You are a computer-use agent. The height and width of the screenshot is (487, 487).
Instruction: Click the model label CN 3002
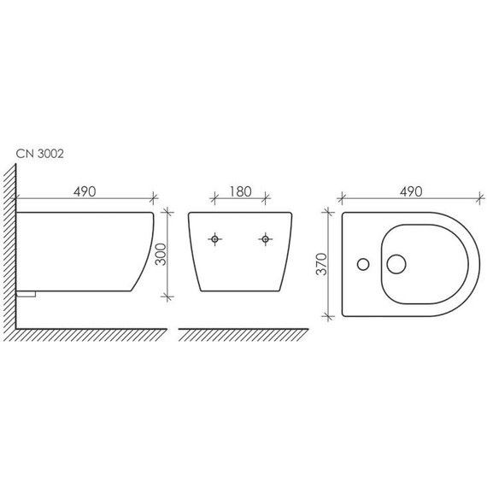coord(40,154)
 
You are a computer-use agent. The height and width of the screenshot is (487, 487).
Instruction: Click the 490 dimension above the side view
coord(85,192)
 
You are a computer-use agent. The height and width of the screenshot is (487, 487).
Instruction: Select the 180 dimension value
coord(240,192)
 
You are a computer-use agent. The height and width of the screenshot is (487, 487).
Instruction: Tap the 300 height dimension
coord(161,255)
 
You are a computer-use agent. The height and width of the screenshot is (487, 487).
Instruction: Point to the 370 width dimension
coord(321,264)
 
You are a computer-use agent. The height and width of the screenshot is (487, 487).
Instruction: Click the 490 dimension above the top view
coord(411,192)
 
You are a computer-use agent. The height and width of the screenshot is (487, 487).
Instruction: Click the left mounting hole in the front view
coord(214,239)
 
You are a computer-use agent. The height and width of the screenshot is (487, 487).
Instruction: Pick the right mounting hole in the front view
coord(265,239)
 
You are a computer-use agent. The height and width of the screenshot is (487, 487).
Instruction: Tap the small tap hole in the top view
coord(363,264)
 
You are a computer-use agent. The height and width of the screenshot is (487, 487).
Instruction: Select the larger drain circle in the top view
coord(396,264)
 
